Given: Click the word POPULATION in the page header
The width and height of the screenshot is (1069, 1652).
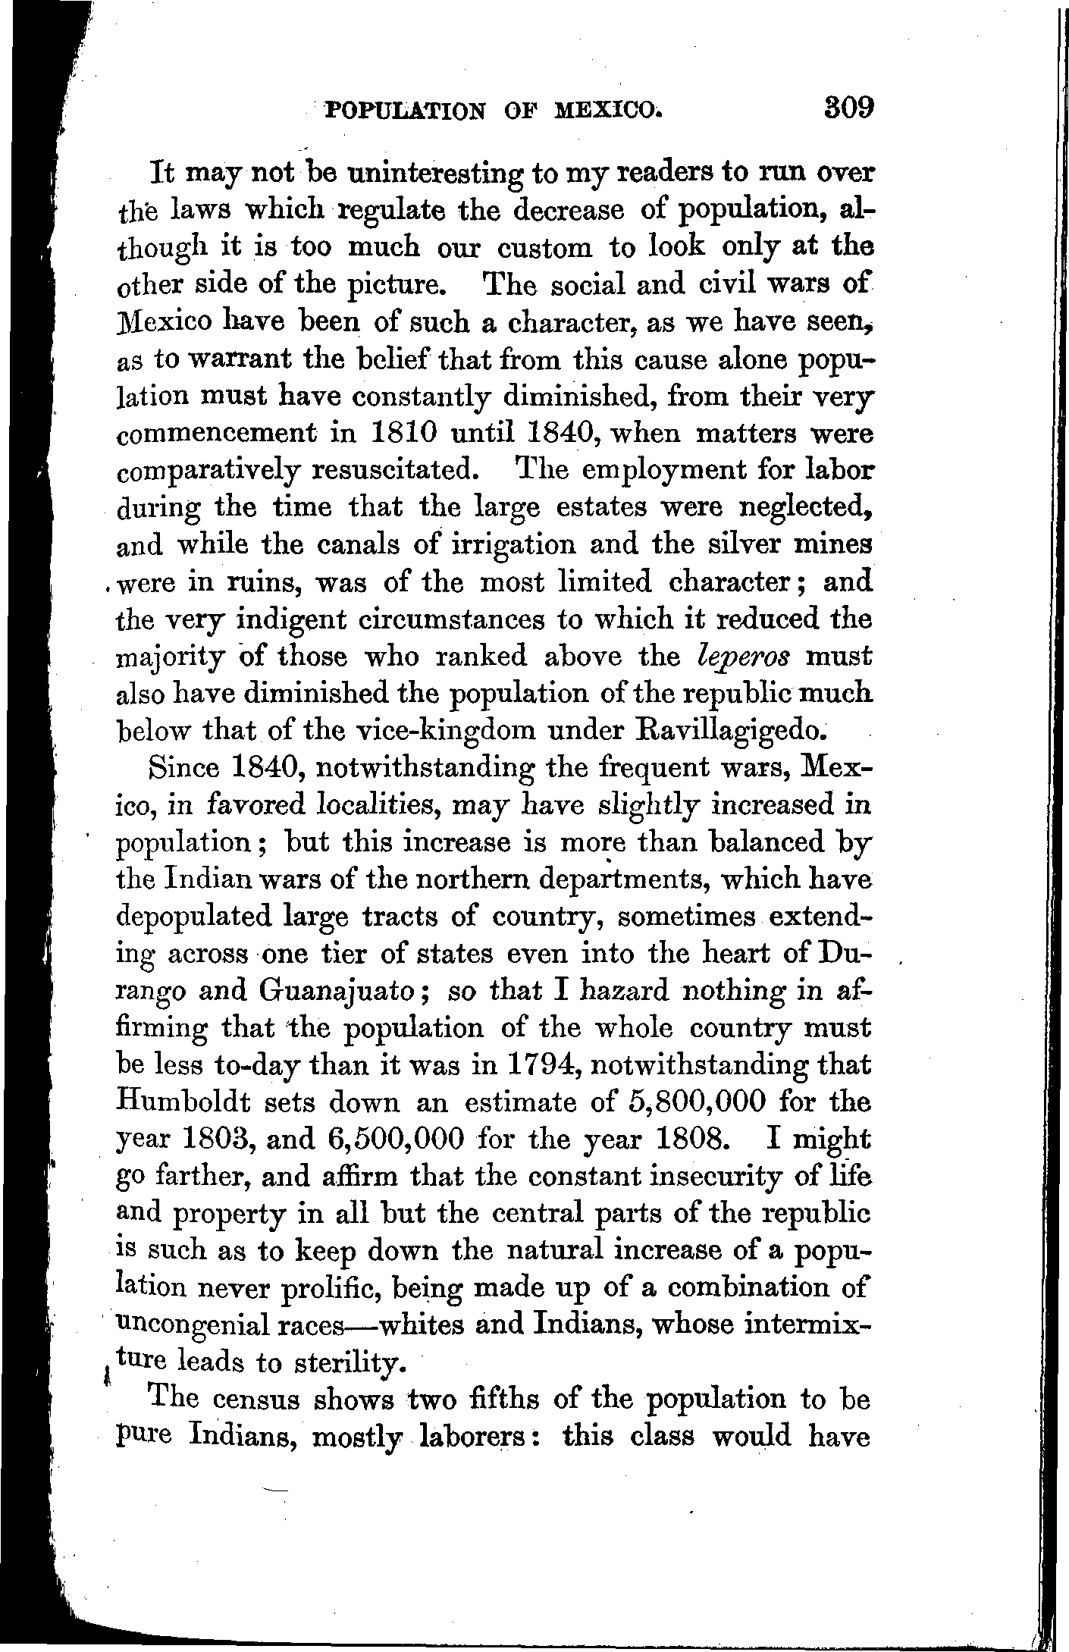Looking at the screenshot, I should point(406,111).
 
